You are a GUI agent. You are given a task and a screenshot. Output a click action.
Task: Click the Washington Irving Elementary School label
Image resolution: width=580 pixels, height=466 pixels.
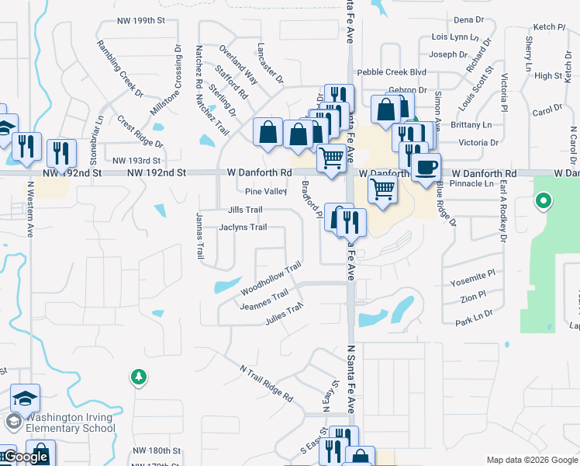pyautogui.click(x=70, y=423)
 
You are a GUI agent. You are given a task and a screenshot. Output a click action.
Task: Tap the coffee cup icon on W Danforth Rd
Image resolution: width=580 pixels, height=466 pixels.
pyautogui.click(x=425, y=168)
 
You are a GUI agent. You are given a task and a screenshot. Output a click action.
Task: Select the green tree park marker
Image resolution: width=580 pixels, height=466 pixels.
pyautogui.click(x=139, y=377)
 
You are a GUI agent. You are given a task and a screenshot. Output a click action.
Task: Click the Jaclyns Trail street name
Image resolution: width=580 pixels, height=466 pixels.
pyautogui.click(x=243, y=228)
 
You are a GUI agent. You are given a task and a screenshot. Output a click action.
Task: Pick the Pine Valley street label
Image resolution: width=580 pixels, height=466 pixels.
pyautogui.click(x=265, y=191)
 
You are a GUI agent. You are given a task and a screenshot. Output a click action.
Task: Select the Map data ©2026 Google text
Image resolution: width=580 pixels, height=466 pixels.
pyautogui.click(x=531, y=460)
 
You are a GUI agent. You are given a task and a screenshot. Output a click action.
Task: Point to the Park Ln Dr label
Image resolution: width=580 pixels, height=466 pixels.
pyautogui.click(x=474, y=322)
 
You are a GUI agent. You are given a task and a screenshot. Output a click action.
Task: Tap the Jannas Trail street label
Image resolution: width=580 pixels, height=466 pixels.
pyautogui.click(x=199, y=235)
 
